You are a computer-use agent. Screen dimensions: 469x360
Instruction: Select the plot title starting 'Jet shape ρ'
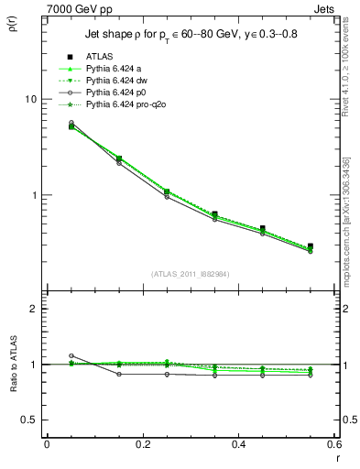pos(187,34)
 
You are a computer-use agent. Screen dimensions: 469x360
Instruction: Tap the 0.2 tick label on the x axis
pos(142,443)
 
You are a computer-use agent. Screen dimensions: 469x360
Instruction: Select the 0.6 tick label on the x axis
pos(333,443)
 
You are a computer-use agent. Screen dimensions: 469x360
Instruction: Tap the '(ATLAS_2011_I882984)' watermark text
pos(191,274)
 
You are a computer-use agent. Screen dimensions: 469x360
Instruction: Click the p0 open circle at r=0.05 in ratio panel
pos(71,355)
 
